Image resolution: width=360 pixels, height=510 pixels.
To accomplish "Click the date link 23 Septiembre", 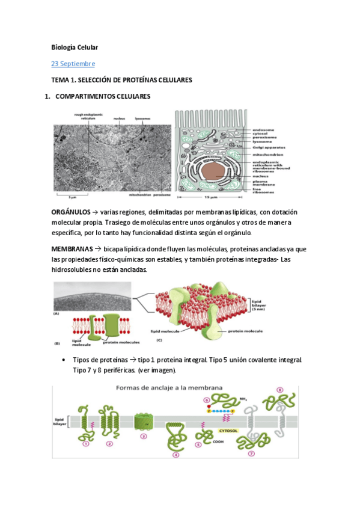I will [x=73, y=63].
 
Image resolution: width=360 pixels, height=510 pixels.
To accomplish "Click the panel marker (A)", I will [x=57, y=313].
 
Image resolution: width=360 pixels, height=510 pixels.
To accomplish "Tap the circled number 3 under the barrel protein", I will [x=143, y=436].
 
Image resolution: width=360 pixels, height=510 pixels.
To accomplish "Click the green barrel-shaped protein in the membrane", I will [x=143, y=421].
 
